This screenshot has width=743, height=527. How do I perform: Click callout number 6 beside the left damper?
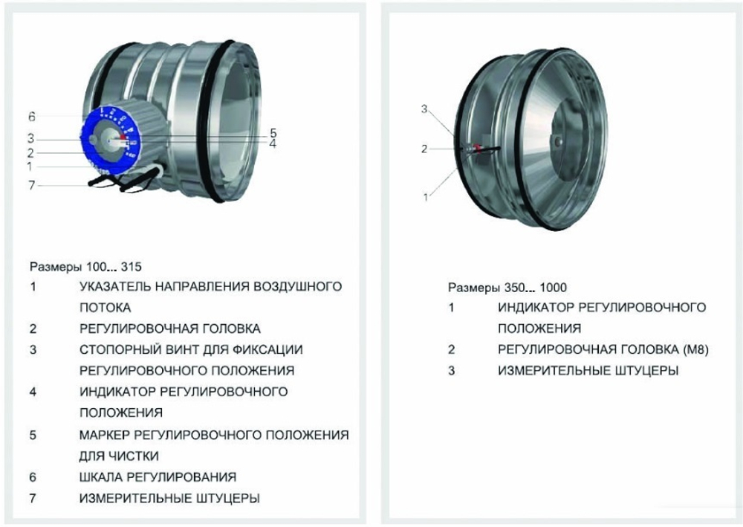(x=32, y=117)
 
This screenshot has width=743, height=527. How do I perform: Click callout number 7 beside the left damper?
(x=32, y=185)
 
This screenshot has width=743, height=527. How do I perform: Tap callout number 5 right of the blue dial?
(x=273, y=134)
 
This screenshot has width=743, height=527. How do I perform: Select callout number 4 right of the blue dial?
(x=273, y=143)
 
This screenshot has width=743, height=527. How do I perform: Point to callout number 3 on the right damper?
(x=424, y=109)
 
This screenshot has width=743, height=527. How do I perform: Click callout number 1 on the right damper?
(x=426, y=198)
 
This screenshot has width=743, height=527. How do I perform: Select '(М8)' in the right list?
(x=692, y=349)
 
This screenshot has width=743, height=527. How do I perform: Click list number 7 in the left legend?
(x=33, y=498)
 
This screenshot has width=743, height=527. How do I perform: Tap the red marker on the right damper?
(x=478, y=149)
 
